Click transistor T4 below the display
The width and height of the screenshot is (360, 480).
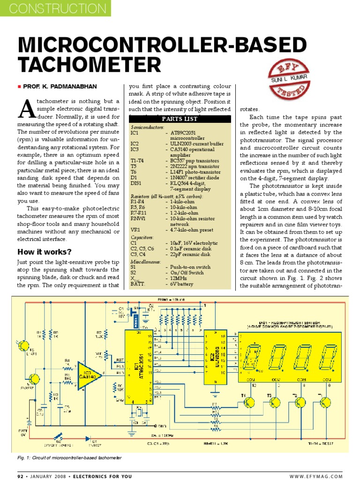[x=250, y=402]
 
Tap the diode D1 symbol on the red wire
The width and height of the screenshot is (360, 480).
[x=89, y=439]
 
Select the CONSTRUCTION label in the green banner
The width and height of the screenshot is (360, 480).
[x=55, y=8]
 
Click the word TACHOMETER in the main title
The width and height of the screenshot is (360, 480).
[x=89, y=64]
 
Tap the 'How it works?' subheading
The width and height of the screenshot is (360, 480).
[x=45, y=252]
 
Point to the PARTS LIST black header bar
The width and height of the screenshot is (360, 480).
[x=180, y=119]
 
